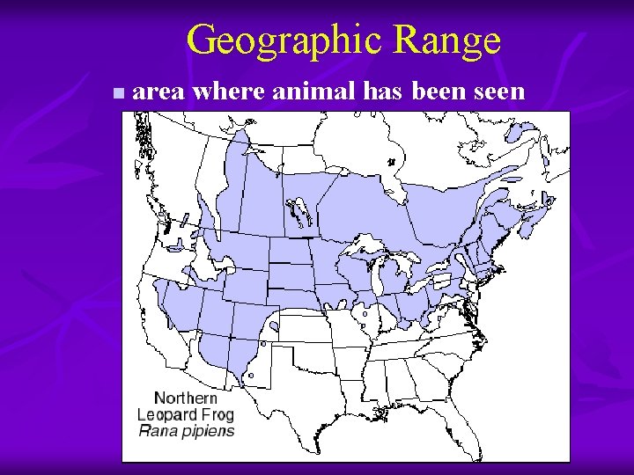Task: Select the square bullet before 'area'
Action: point(119,92)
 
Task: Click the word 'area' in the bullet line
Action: point(159,91)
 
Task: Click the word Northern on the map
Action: point(186,398)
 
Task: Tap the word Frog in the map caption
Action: point(217,414)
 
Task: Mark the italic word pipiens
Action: point(204,432)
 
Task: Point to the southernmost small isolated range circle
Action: point(250,376)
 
